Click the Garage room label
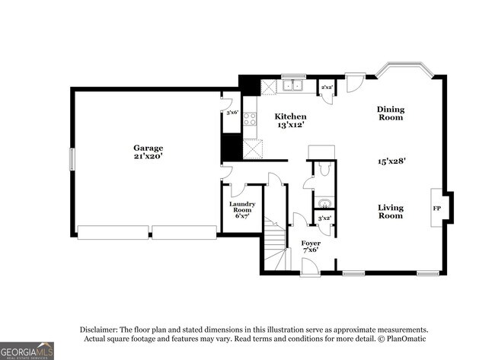[x=148, y=148]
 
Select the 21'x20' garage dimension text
[x=148, y=156]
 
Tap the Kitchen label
[x=290, y=116]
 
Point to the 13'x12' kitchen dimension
[x=290, y=125]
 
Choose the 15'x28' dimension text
[x=391, y=161]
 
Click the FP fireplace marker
[x=437, y=207]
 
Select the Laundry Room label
[x=242, y=207]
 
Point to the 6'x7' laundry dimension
[x=242, y=216]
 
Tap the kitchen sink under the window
[x=290, y=86]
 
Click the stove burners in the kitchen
[x=250, y=119]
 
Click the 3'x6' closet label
[x=232, y=113]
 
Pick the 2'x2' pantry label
[x=326, y=88]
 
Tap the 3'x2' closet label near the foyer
[x=324, y=218]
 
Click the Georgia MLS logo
[x=27, y=350]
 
